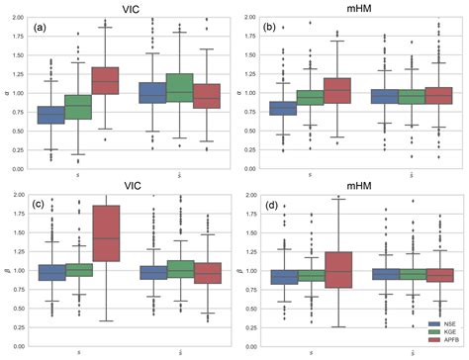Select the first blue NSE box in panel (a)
[x=50, y=115]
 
